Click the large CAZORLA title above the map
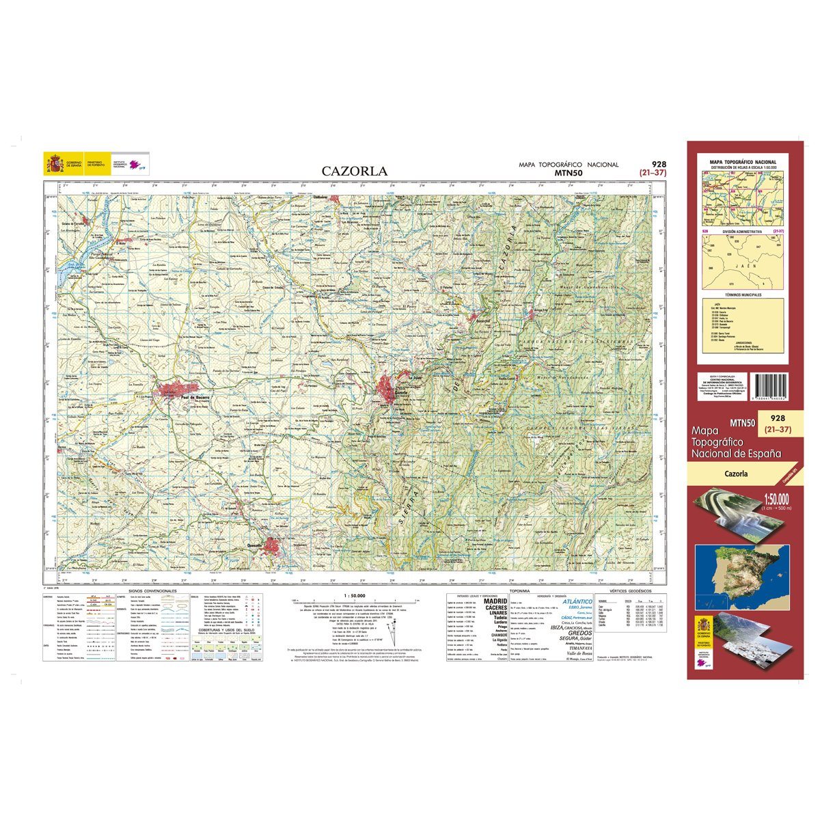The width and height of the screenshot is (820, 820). tap(355, 172)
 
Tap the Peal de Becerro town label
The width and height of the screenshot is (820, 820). tap(194, 397)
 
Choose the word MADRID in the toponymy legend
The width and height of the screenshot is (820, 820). tap(495, 601)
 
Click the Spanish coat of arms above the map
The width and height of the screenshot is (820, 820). tap(53, 163)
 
